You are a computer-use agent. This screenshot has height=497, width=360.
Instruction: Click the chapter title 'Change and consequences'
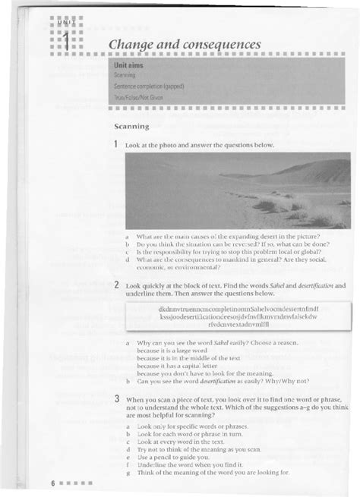point(185,46)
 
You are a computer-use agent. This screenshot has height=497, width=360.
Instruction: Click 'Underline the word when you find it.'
point(186,465)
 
